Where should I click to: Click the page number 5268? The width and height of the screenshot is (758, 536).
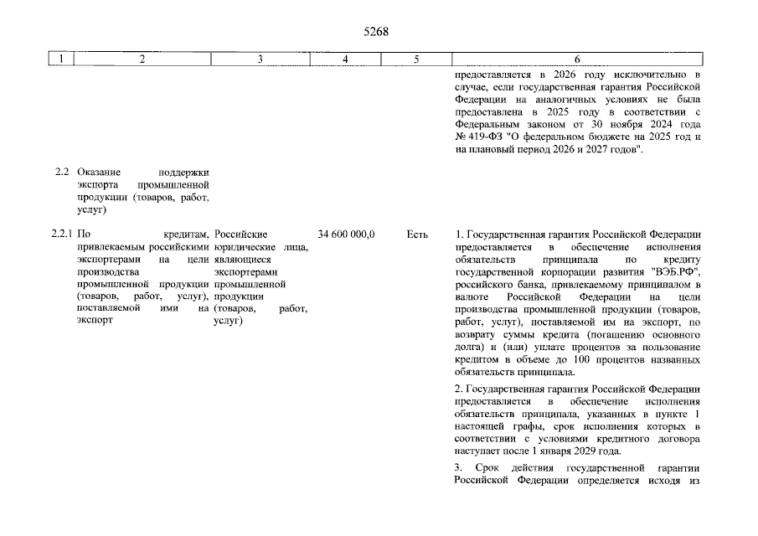coord(378,33)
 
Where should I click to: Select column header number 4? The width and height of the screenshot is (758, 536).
coord(346,59)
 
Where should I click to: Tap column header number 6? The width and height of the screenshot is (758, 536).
coord(577,59)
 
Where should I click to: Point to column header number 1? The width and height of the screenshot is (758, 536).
coord(61,59)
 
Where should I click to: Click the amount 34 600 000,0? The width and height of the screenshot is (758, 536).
coord(346,234)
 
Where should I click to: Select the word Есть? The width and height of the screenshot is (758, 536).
coord(417,234)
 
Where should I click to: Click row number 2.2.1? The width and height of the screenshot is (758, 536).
coord(61,234)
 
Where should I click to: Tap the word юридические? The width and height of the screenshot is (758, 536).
coord(243,247)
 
